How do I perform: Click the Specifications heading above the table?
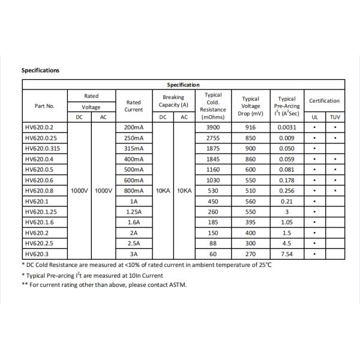(40, 70)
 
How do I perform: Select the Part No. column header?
(44, 106)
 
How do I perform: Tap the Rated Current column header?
(134, 106)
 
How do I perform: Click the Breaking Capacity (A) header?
(173, 101)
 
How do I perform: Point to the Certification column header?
(324, 101)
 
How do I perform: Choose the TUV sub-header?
(335, 117)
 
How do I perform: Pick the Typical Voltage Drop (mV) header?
(250, 106)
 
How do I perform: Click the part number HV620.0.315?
(44, 148)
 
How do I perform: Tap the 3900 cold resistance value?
(213, 127)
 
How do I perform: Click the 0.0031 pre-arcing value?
(287, 127)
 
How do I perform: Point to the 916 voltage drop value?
(250, 127)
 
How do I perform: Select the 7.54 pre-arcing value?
(287, 253)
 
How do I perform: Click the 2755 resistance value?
(213, 138)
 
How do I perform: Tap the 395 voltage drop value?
(250, 222)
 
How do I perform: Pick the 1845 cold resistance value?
(213, 159)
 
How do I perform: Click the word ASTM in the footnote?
(177, 285)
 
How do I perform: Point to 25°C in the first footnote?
(263, 265)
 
